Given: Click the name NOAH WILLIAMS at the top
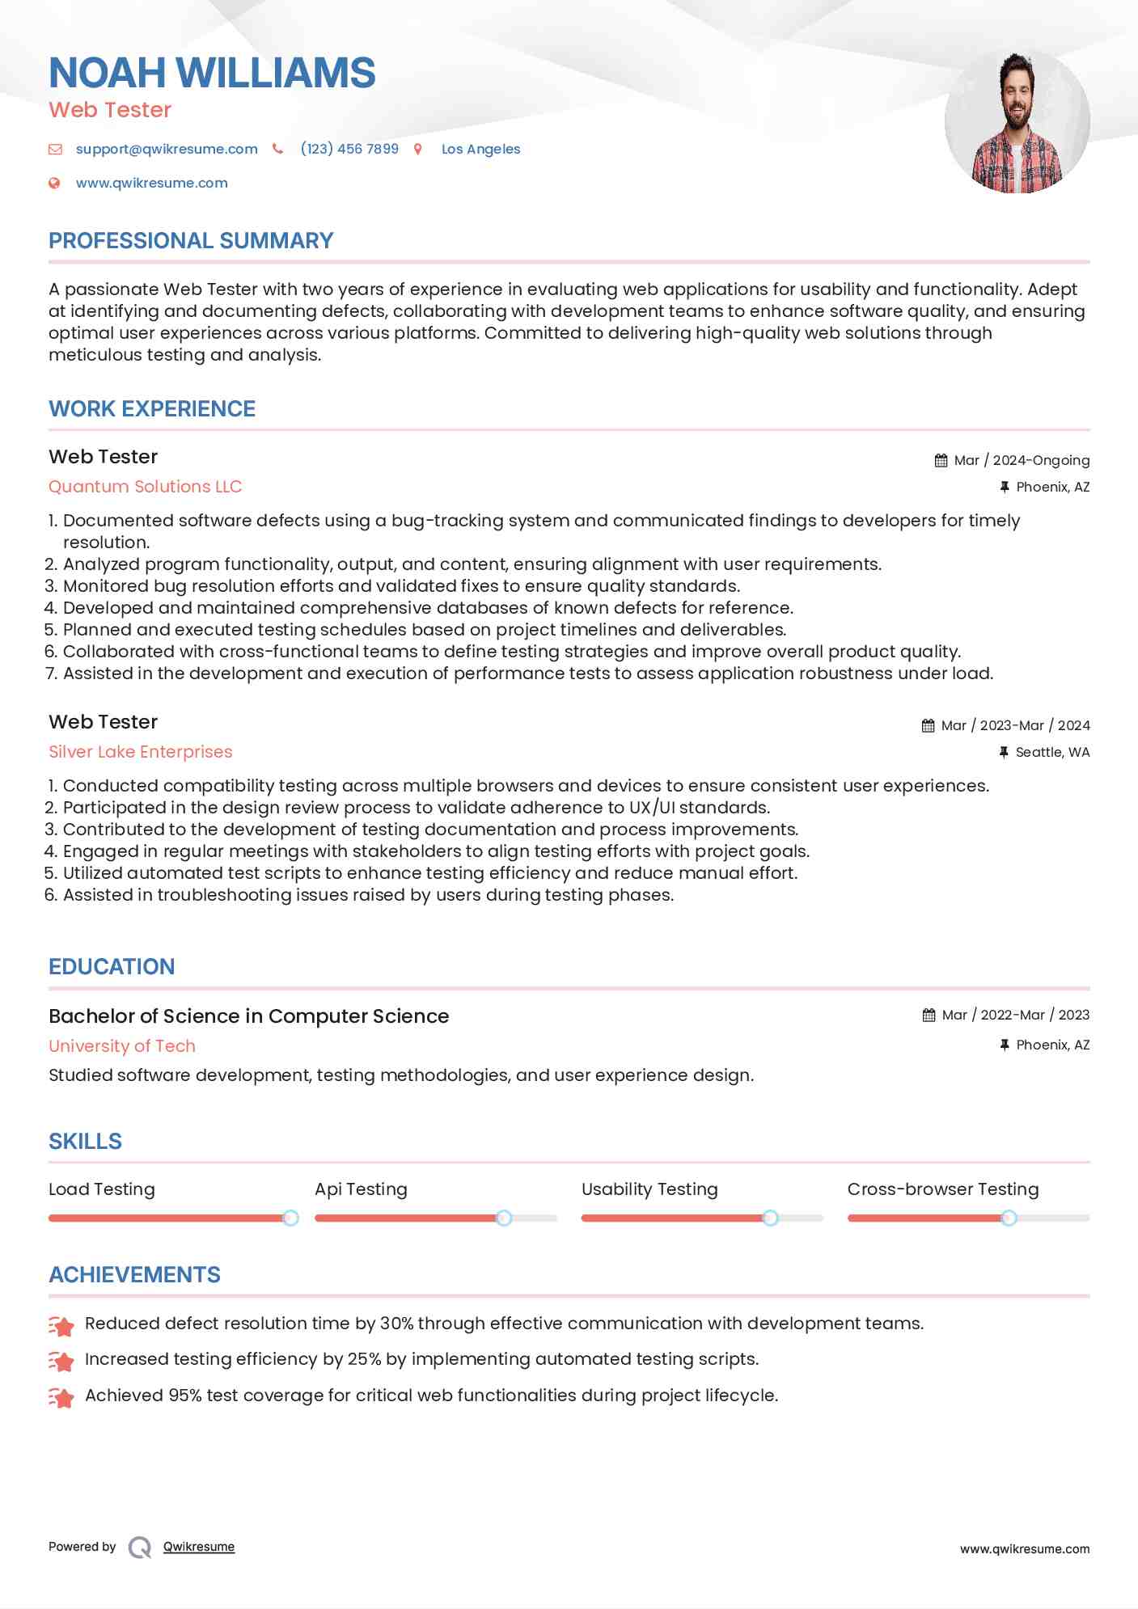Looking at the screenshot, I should [212, 73].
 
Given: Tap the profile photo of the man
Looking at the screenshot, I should [1017, 121].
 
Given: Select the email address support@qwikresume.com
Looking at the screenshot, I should [167, 149].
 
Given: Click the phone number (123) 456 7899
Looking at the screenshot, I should [349, 149].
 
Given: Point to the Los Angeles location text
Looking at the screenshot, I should [480, 149].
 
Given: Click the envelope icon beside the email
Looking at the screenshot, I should [55, 149].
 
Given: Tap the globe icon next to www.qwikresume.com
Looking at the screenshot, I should [54, 183].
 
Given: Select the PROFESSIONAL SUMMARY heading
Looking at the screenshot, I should [191, 241].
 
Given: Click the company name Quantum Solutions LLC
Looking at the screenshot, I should [145, 487].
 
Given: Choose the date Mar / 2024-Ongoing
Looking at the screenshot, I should [1021, 460].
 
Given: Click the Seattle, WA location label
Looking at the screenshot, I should [1052, 752].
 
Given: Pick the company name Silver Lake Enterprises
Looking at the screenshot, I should [140, 752].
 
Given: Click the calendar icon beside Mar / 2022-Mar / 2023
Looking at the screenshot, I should [929, 1015].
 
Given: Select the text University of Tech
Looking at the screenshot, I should [122, 1045].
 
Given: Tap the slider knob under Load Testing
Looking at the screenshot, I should [290, 1218].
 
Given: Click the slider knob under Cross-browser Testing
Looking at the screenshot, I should [1009, 1218].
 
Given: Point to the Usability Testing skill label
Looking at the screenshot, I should [649, 1189].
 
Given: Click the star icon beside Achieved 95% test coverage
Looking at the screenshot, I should [61, 1396].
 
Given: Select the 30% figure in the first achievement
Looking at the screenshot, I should [396, 1324].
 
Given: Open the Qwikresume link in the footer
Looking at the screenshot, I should [199, 1547].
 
